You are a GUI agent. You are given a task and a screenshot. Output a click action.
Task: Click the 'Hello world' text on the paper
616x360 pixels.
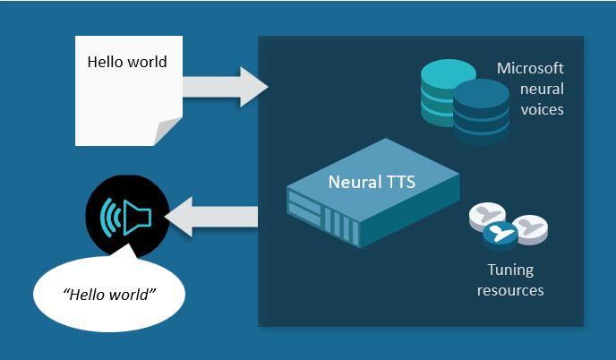(126, 62)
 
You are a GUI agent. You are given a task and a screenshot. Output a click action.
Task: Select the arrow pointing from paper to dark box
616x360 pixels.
(225, 86)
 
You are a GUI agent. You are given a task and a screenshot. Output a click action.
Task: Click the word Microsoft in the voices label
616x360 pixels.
(531, 69)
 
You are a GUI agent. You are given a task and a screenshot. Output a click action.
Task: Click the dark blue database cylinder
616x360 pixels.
(481, 111)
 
